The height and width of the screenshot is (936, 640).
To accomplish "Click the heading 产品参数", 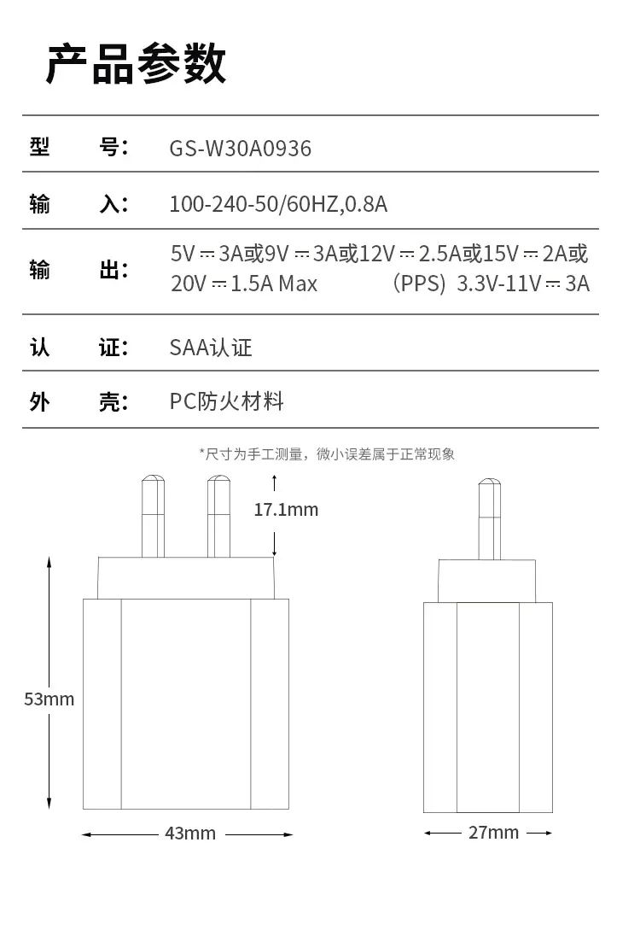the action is point(136,64).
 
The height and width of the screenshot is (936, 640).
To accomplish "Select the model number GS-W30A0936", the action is point(241,149).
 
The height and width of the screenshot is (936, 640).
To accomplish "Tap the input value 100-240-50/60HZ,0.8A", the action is point(278,204).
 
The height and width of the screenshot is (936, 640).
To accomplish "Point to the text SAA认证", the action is point(211,348).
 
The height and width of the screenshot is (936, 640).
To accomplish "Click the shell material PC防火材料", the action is point(227,401).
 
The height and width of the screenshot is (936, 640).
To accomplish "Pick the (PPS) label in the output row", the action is point(419,283).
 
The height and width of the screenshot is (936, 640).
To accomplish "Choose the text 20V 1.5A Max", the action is point(244,283).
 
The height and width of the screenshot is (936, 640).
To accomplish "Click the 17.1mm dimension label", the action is point(287,510).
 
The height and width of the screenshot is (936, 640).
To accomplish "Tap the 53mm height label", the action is point(49,699).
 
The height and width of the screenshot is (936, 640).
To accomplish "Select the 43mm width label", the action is point(190,834).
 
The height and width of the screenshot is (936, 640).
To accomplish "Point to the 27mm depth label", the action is point(494,832).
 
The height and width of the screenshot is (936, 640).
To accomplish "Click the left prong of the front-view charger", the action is point(154,517).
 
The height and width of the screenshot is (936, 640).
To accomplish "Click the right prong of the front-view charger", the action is point(219,517).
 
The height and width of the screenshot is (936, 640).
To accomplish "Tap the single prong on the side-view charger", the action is point(490,519).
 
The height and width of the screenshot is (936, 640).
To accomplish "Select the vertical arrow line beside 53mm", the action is point(49,683).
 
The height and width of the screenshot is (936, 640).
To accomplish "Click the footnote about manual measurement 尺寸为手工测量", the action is point(327,454).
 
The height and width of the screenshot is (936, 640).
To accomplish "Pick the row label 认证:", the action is point(79,348).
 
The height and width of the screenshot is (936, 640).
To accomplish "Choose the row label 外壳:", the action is point(79,402).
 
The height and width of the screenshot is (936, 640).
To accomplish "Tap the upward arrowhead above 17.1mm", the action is point(275,478).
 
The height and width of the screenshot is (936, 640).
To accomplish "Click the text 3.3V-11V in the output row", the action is point(499,283).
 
